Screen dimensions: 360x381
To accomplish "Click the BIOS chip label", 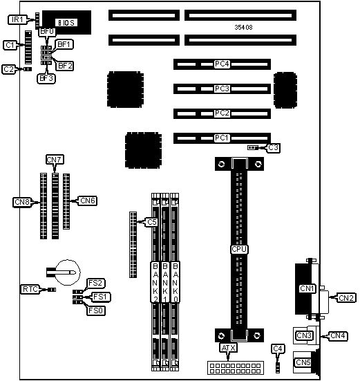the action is click(x=66, y=23).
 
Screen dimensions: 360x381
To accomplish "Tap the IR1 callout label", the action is click(x=17, y=19).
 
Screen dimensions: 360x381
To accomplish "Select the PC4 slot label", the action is click(x=222, y=64).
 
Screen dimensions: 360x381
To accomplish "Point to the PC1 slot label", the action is click(x=222, y=138).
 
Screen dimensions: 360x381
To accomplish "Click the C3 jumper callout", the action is click(x=274, y=148).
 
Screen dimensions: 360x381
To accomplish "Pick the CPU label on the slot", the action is click(x=239, y=250).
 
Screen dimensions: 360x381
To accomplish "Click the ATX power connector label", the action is click(x=229, y=348).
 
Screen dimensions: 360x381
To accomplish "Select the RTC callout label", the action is click(x=30, y=289).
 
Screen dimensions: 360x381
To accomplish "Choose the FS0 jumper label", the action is click(x=96, y=310).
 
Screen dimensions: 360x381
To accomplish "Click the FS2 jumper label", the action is click(x=96, y=283).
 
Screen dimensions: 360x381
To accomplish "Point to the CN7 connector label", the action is click(x=55, y=160).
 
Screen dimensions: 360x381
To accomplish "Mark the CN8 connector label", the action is click(x=22, y=202).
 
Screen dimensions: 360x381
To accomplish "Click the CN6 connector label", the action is click(x=87, y=201).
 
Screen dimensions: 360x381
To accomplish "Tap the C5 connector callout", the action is click(x=152, y=222).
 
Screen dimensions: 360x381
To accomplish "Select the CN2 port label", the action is click(x=347, y=297).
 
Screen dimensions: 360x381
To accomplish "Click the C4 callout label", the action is click(x=278, y=349).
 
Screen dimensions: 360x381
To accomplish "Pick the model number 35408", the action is click(x=243, y=28).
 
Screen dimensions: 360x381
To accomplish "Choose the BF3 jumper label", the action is click(x=46, y=79).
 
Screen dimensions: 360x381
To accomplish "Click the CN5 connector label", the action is click(x=303, y=362).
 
